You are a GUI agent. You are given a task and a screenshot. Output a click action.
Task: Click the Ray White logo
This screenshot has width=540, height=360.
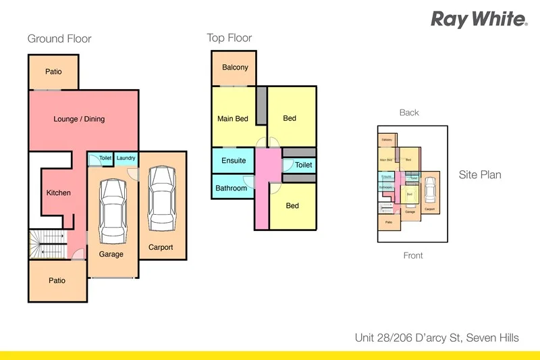pyautogui.click(x=479, y=19)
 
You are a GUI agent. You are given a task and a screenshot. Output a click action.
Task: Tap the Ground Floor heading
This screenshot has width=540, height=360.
pyautogui.click(x=59, y=39)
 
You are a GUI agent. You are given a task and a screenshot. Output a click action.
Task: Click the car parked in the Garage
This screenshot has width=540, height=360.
pyautogui.click(x=112, y=211)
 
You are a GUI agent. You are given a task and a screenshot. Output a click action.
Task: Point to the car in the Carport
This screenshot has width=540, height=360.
pyautogui.click(x=161, y=199)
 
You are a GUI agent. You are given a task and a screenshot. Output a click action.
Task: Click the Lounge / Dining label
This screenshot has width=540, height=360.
pyautogui.click(x=79, y=120)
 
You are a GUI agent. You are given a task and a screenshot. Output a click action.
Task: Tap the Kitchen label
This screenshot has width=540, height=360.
pyautogui.click(x=58, y=193)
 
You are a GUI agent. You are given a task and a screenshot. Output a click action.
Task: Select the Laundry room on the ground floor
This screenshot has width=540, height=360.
pyautogui.click(x=126, y=159)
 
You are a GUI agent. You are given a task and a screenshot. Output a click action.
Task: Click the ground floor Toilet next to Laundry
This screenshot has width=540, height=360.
pyautogui.click(x=105, y=159)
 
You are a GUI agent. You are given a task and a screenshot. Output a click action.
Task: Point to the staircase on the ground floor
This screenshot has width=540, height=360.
pyautogui.click(x=49, y=245)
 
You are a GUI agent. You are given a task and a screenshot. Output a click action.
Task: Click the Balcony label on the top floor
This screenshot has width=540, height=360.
pyautogui.click(x=235, y=68)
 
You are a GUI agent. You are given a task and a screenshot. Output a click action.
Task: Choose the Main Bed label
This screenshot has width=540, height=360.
pyautogui.click(x=233, y=119)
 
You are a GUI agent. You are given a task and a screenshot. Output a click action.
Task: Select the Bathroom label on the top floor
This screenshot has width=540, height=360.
pyautogui.click(x=231, y=188)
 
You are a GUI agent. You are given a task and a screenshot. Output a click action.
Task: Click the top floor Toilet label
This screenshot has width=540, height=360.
pyautogui.click(x=303, y=165)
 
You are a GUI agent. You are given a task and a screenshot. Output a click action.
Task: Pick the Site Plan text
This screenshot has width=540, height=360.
pyautogui.click(x=480, y=175)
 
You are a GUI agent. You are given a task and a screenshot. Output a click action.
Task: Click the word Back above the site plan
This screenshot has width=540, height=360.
pyautogui.click(x=409, y=113)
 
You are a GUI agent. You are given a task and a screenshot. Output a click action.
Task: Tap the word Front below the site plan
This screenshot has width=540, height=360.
pyautogui.click(x=412, y=256)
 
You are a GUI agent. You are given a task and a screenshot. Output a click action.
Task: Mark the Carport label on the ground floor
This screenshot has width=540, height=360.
pyautogui.click(x=161, y=248)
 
